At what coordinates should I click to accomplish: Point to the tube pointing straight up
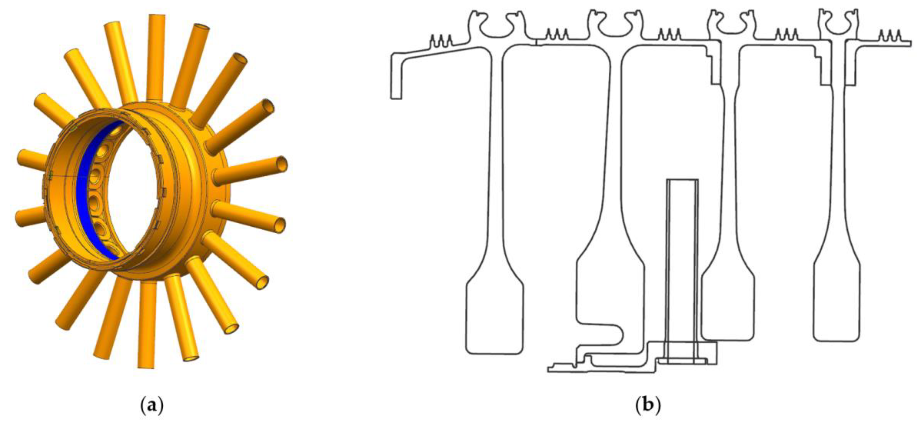pos(155,57)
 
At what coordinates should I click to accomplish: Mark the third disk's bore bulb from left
pos(727,308)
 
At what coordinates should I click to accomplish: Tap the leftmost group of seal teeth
pos(441,40)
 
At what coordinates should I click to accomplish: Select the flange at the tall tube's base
pos(682,361)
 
